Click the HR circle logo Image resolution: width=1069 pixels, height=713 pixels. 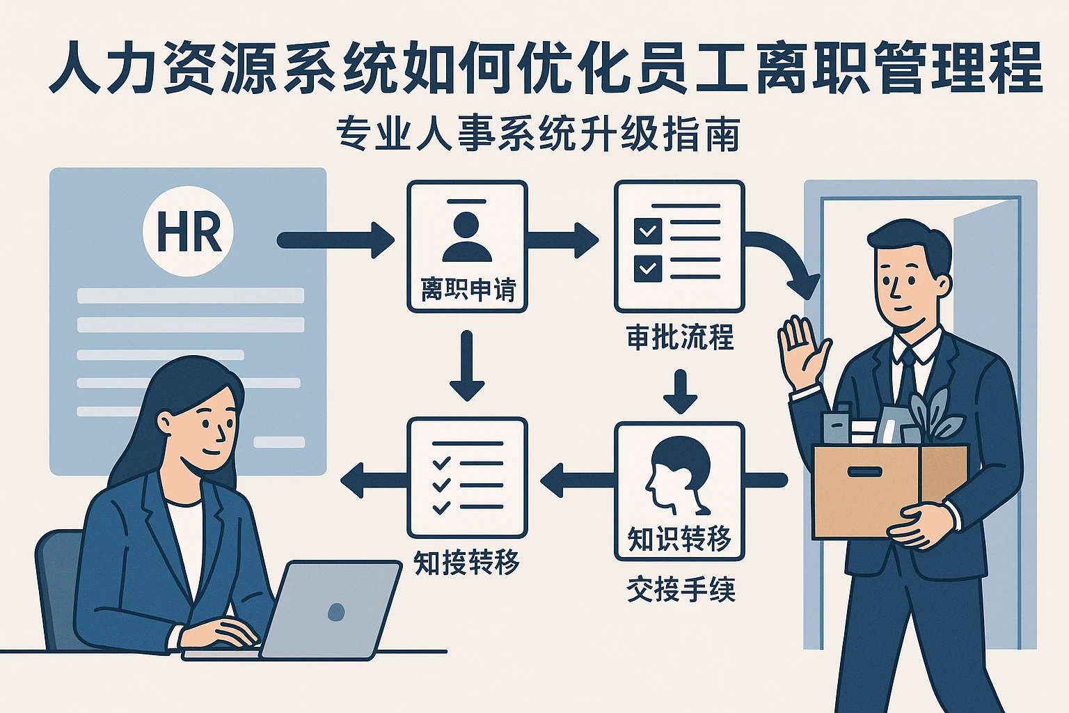pos(188,231)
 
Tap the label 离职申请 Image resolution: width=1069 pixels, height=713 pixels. pos(467,289)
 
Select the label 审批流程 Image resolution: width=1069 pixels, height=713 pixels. pos(680,338)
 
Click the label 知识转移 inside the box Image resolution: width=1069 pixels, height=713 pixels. pos(679,538)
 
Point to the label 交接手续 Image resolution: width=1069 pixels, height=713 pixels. pos(681,590)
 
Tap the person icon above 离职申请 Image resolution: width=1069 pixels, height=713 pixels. pos(466,234)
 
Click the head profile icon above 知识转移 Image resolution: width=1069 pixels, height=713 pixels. pos(679,473)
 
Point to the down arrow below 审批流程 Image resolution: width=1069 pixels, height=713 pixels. pos(680,391)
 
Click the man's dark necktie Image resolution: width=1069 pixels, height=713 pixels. pos(907,379)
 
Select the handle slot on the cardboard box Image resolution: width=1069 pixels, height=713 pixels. pos(864,472)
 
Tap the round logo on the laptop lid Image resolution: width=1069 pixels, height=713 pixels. pos(336,611)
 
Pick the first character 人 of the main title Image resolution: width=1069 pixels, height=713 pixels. pos(77,68)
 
